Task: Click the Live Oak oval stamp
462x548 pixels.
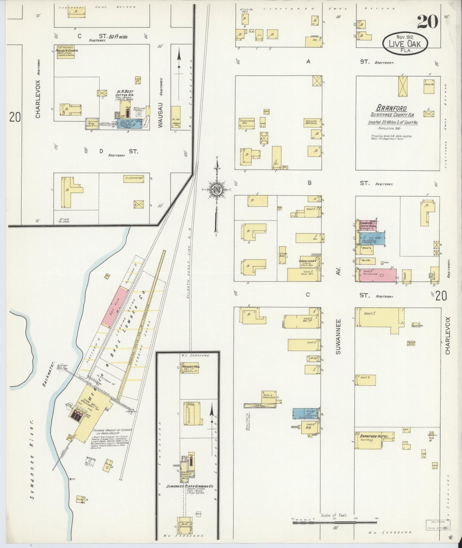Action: pyautogui.click(x=405, y=43)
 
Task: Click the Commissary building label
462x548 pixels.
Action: pyautogui.click(x=308, y=261)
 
